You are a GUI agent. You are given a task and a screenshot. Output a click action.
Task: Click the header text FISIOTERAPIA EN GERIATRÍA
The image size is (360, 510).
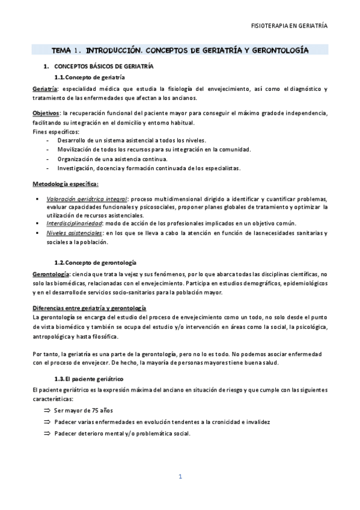[x=289, y=26]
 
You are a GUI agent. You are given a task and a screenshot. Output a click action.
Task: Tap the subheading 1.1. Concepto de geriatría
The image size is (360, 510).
[x=90, y=78]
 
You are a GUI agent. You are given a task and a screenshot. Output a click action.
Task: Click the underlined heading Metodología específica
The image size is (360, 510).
[x=66, y=183]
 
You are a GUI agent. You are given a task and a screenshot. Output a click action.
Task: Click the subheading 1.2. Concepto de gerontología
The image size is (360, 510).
[x=96, y=263]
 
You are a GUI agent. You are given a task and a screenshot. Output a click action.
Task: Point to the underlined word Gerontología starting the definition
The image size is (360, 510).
[x=51, y=274]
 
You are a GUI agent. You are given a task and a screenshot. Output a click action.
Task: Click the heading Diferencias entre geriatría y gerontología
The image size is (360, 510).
[x=89, y=308]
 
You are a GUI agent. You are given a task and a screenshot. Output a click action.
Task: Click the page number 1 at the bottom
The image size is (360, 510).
[x=180, y=477]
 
